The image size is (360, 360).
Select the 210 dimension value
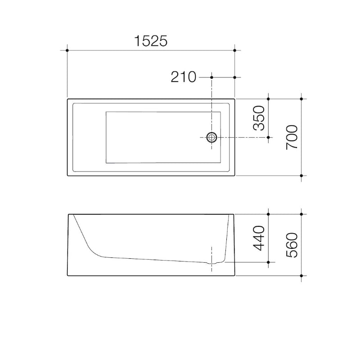click(x=184, y=77)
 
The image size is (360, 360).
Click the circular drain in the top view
click(x=211, y=137)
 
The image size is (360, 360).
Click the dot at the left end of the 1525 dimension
click(x=67, y=50)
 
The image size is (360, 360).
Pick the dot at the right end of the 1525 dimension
click(x=235, y=50)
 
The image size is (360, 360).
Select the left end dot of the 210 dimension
click(x=211, y=77)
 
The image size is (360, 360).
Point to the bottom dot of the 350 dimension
click(x=268, y=137)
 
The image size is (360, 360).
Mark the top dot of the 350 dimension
click(x=268, y=98)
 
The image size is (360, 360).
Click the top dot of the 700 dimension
click(x=301, y=98)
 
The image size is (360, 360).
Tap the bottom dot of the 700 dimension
click(x=301, y=175)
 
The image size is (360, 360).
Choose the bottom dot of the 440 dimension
click(x=268, y=262)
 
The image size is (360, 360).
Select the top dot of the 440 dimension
click(x=268, y=214)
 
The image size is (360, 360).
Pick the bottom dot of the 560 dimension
click(x=301, y=275)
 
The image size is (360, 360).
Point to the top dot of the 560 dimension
click(x=301, y=214)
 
